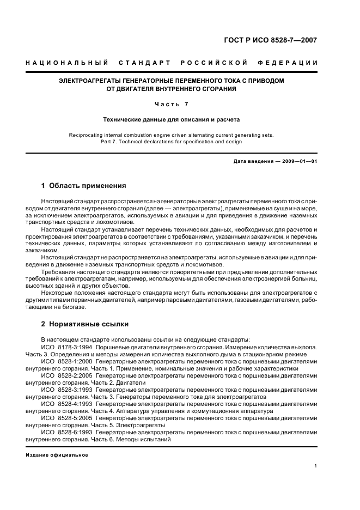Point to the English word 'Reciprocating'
(x=86, y=135)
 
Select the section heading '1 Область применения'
(x=83, y=186)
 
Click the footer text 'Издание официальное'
(x=57, y=455)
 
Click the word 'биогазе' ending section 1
(x=74, y=307)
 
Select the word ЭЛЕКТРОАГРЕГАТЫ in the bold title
(x=89, y=81)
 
